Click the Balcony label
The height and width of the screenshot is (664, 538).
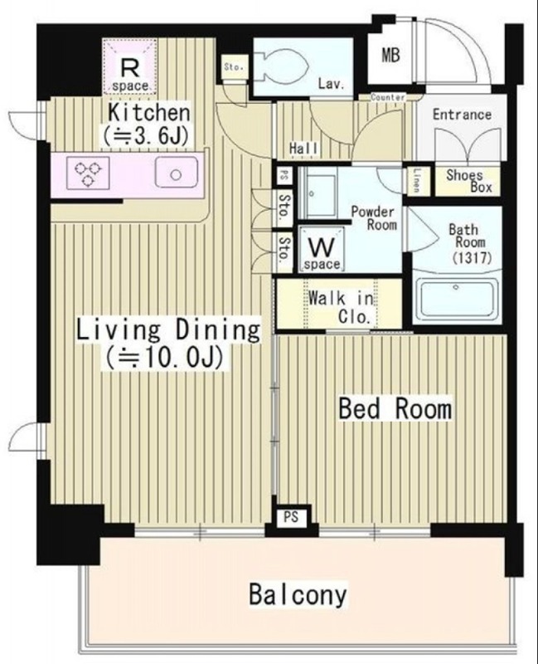(298, 594)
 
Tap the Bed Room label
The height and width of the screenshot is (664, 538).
(395, 408)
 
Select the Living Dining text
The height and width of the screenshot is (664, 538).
(168, 330)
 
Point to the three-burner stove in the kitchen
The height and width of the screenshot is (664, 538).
(88, 173)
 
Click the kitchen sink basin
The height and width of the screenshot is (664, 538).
(177, 173)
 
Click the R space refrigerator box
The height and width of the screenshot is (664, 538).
(130, 66)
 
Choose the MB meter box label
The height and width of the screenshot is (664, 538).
(390, 55)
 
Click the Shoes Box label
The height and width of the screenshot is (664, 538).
(468, 181)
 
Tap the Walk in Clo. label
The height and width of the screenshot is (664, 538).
(342, 306)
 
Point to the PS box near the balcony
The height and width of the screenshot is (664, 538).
(291, 517)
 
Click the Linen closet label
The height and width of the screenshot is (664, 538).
(418, 181)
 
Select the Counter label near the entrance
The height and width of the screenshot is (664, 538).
(388, 97)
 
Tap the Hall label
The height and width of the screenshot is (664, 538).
(303, 149)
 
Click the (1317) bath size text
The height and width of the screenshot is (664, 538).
(472, 257)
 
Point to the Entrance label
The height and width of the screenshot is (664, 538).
(462, 115)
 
